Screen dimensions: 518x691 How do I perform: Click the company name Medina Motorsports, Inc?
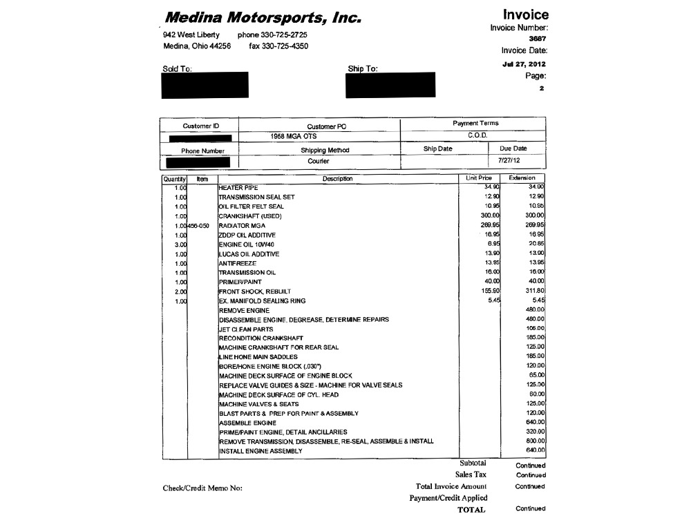263,17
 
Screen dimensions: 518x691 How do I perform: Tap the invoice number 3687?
538,39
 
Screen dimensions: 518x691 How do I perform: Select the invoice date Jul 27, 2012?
524,64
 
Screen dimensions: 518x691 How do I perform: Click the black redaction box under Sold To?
205,85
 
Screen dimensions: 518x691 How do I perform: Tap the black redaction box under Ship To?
390,85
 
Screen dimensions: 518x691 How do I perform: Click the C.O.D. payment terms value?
477,135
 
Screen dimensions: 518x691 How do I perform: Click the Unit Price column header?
479,178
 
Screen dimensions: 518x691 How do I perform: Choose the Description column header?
338,179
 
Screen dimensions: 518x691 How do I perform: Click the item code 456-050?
198,226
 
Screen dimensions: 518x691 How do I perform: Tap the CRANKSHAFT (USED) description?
251,216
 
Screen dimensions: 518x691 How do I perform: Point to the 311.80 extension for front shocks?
536,291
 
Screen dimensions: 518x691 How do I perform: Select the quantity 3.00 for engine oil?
181,244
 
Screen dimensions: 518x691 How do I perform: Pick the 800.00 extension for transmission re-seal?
536,441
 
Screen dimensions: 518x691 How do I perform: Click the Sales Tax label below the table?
471,474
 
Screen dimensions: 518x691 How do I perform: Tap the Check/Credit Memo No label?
202,488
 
